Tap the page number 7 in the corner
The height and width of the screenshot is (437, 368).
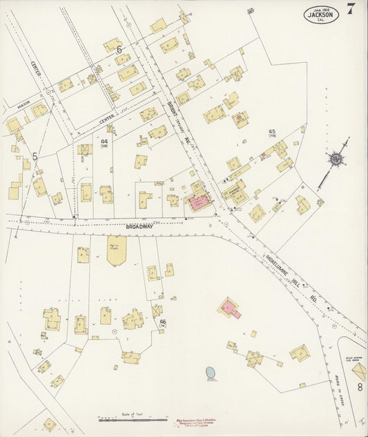[x=351, y=9]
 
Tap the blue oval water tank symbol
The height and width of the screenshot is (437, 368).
[x=211, y=373]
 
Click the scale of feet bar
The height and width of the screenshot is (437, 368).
[x=133, y=419]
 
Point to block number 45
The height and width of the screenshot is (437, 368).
[x=272, y=131]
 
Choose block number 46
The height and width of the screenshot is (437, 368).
[x=163, y=322]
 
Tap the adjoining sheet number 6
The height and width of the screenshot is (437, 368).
[x=119, y=50]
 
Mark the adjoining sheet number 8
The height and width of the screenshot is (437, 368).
[x=359, y=387]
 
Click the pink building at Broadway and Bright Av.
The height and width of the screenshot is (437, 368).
[x=200, y=203]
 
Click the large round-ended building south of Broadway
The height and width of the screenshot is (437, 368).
[x=117, y=250]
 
